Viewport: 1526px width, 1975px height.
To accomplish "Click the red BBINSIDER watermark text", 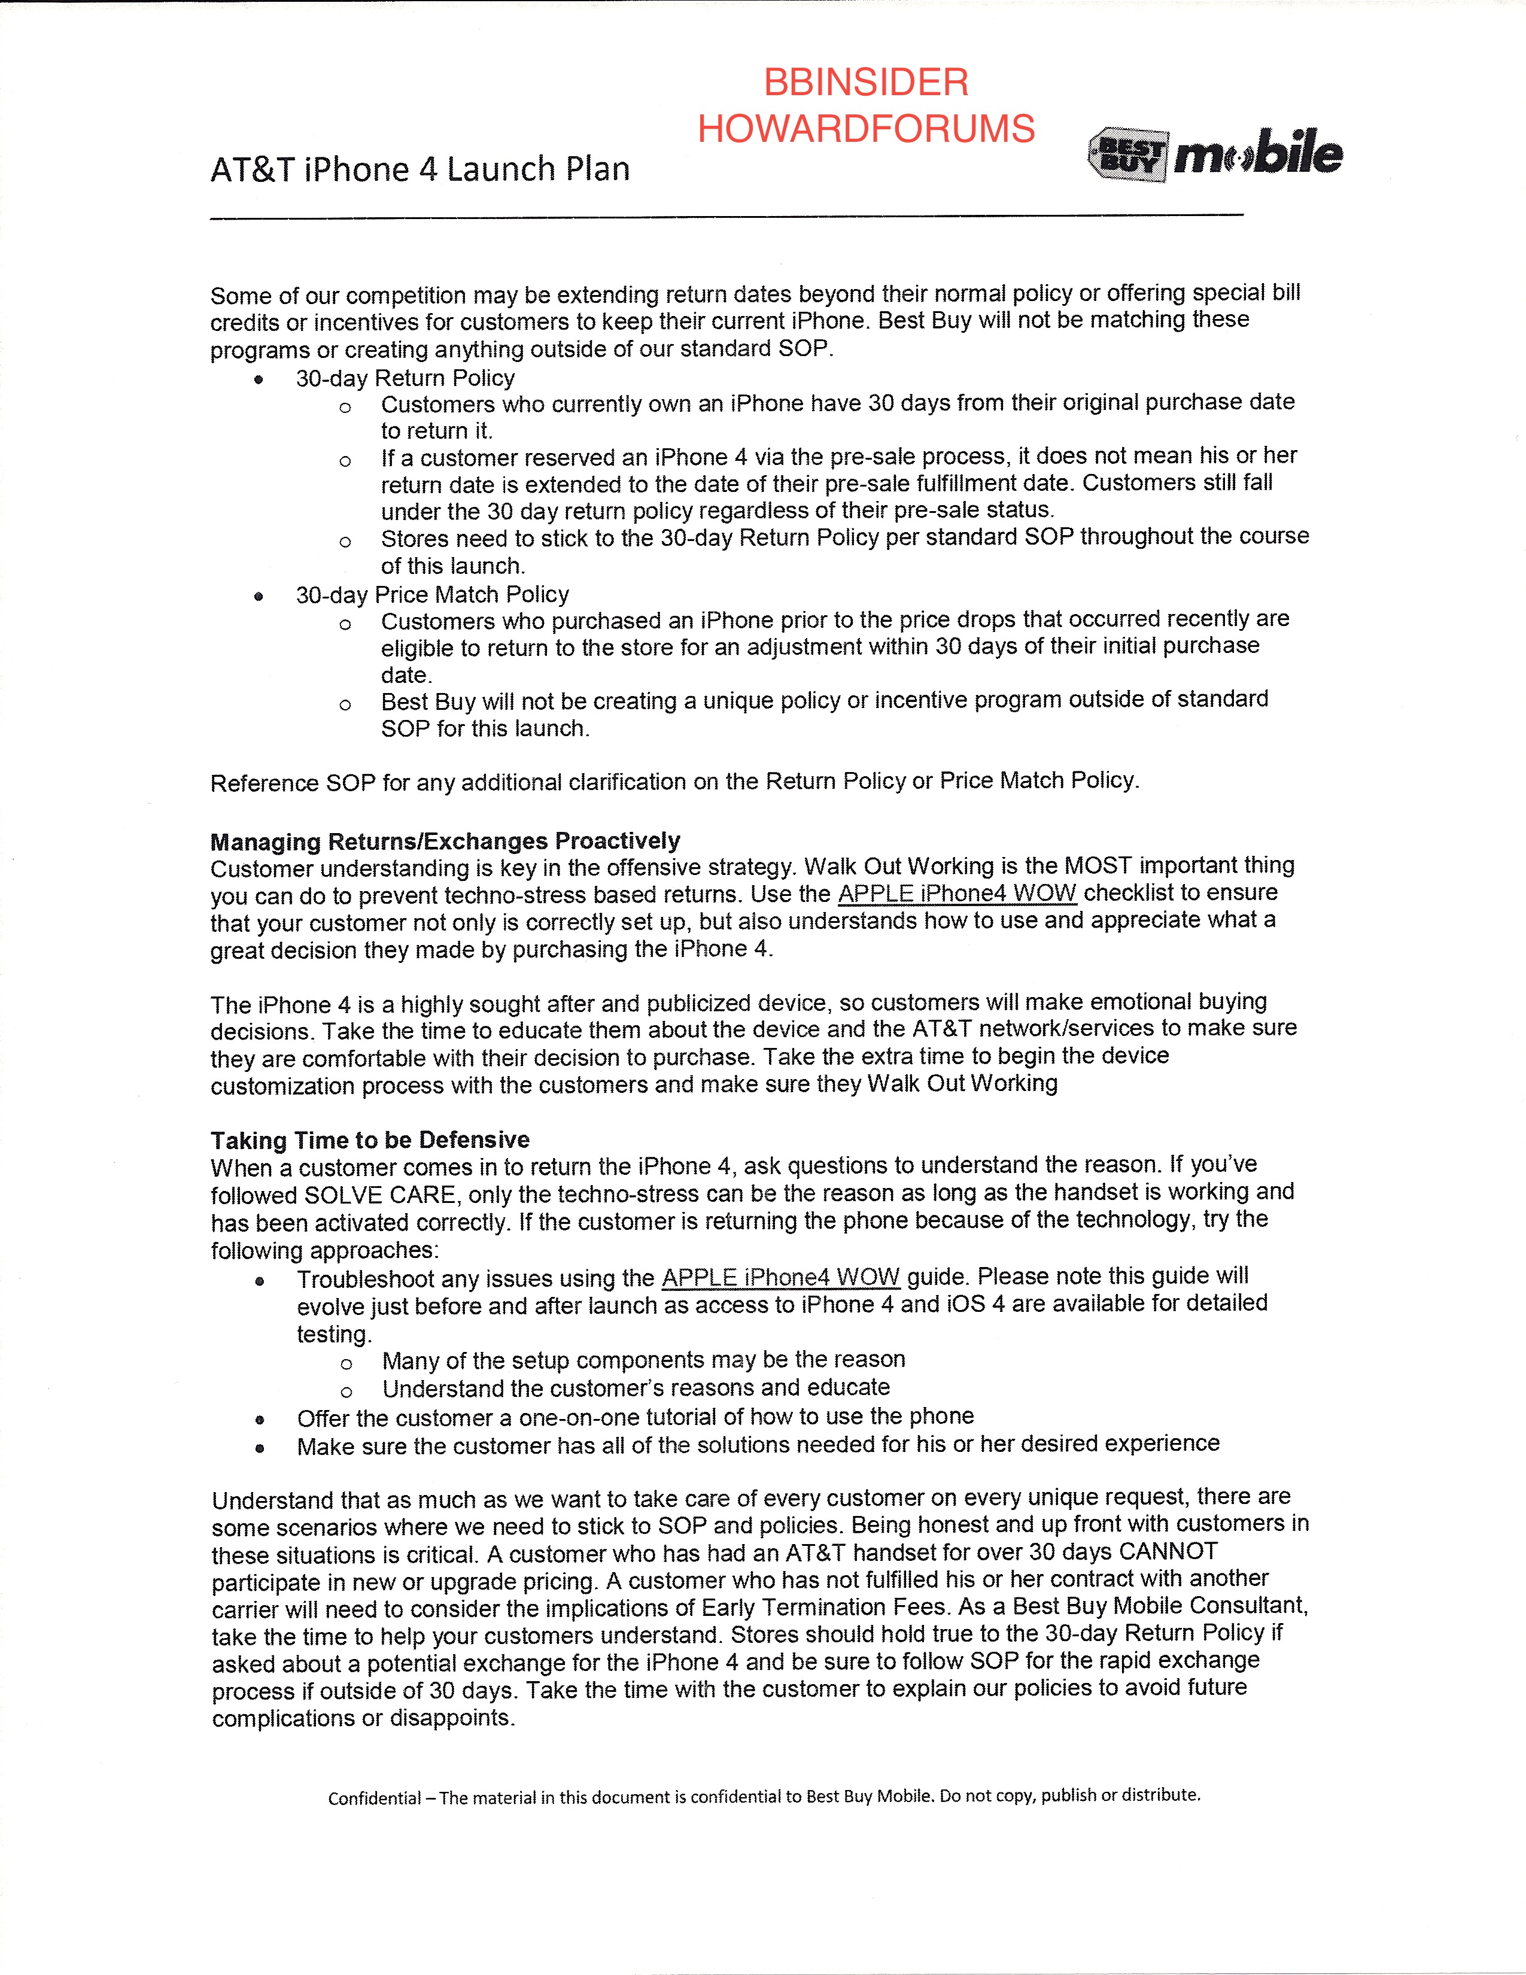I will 865,83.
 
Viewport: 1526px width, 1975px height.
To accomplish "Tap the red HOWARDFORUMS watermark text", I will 865,129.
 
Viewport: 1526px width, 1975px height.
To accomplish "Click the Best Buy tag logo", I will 1127,154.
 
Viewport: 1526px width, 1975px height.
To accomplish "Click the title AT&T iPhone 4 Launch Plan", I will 420,170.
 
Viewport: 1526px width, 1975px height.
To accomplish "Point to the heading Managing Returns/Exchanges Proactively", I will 445,841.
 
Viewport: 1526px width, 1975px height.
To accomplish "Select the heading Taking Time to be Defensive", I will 370,1140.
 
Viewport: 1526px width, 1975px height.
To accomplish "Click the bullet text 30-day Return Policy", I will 405,378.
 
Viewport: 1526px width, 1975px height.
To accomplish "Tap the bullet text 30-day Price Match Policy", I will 432,595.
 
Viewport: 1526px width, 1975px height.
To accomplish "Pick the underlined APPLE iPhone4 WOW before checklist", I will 956,894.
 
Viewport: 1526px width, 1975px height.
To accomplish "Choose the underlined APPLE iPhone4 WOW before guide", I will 780,1278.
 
